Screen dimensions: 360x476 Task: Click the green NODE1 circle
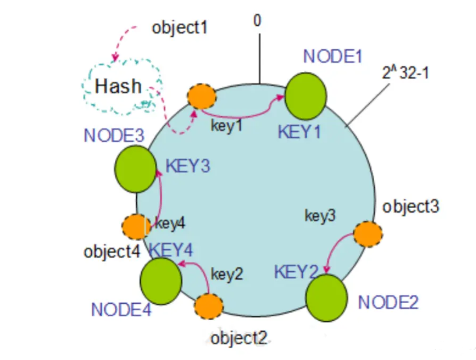tap(306, 96)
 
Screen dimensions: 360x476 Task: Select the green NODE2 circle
tap(326, 298)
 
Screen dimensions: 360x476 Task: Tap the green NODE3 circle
tap(136, 169)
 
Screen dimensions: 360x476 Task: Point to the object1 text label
tap(179, 28)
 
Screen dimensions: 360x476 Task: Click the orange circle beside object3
tap(367, 234)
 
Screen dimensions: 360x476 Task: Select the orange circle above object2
tap(209, 306)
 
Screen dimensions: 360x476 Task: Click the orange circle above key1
tap(202, 97)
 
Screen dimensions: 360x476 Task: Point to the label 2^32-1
tap(405, 72)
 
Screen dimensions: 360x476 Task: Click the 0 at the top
tap(257, 21)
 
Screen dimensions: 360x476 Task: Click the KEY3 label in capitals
tap(187, 166)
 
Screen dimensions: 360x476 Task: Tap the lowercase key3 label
tap(320, 216)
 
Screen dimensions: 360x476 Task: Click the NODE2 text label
tap(388, 303)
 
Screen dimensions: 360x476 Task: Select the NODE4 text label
tap(121, 309)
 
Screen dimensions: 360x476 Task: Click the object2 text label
tap(239, 339)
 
